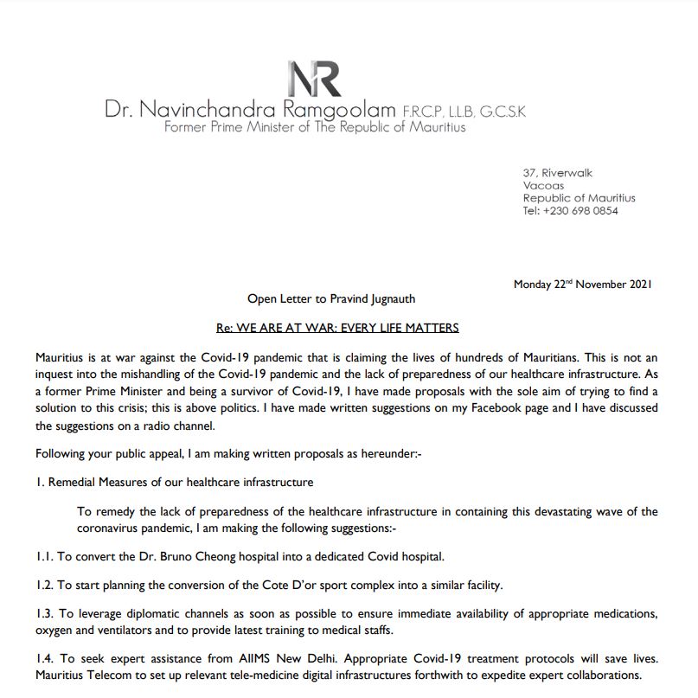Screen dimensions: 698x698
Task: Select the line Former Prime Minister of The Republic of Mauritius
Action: click(315, 128)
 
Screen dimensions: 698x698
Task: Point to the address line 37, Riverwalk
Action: click(558, 173)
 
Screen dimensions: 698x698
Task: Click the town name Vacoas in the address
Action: click(543, 185)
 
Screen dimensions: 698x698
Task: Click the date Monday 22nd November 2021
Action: click(582, 285)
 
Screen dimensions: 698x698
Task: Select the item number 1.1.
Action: click(45, 555)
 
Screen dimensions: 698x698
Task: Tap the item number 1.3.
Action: click(45, 614)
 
